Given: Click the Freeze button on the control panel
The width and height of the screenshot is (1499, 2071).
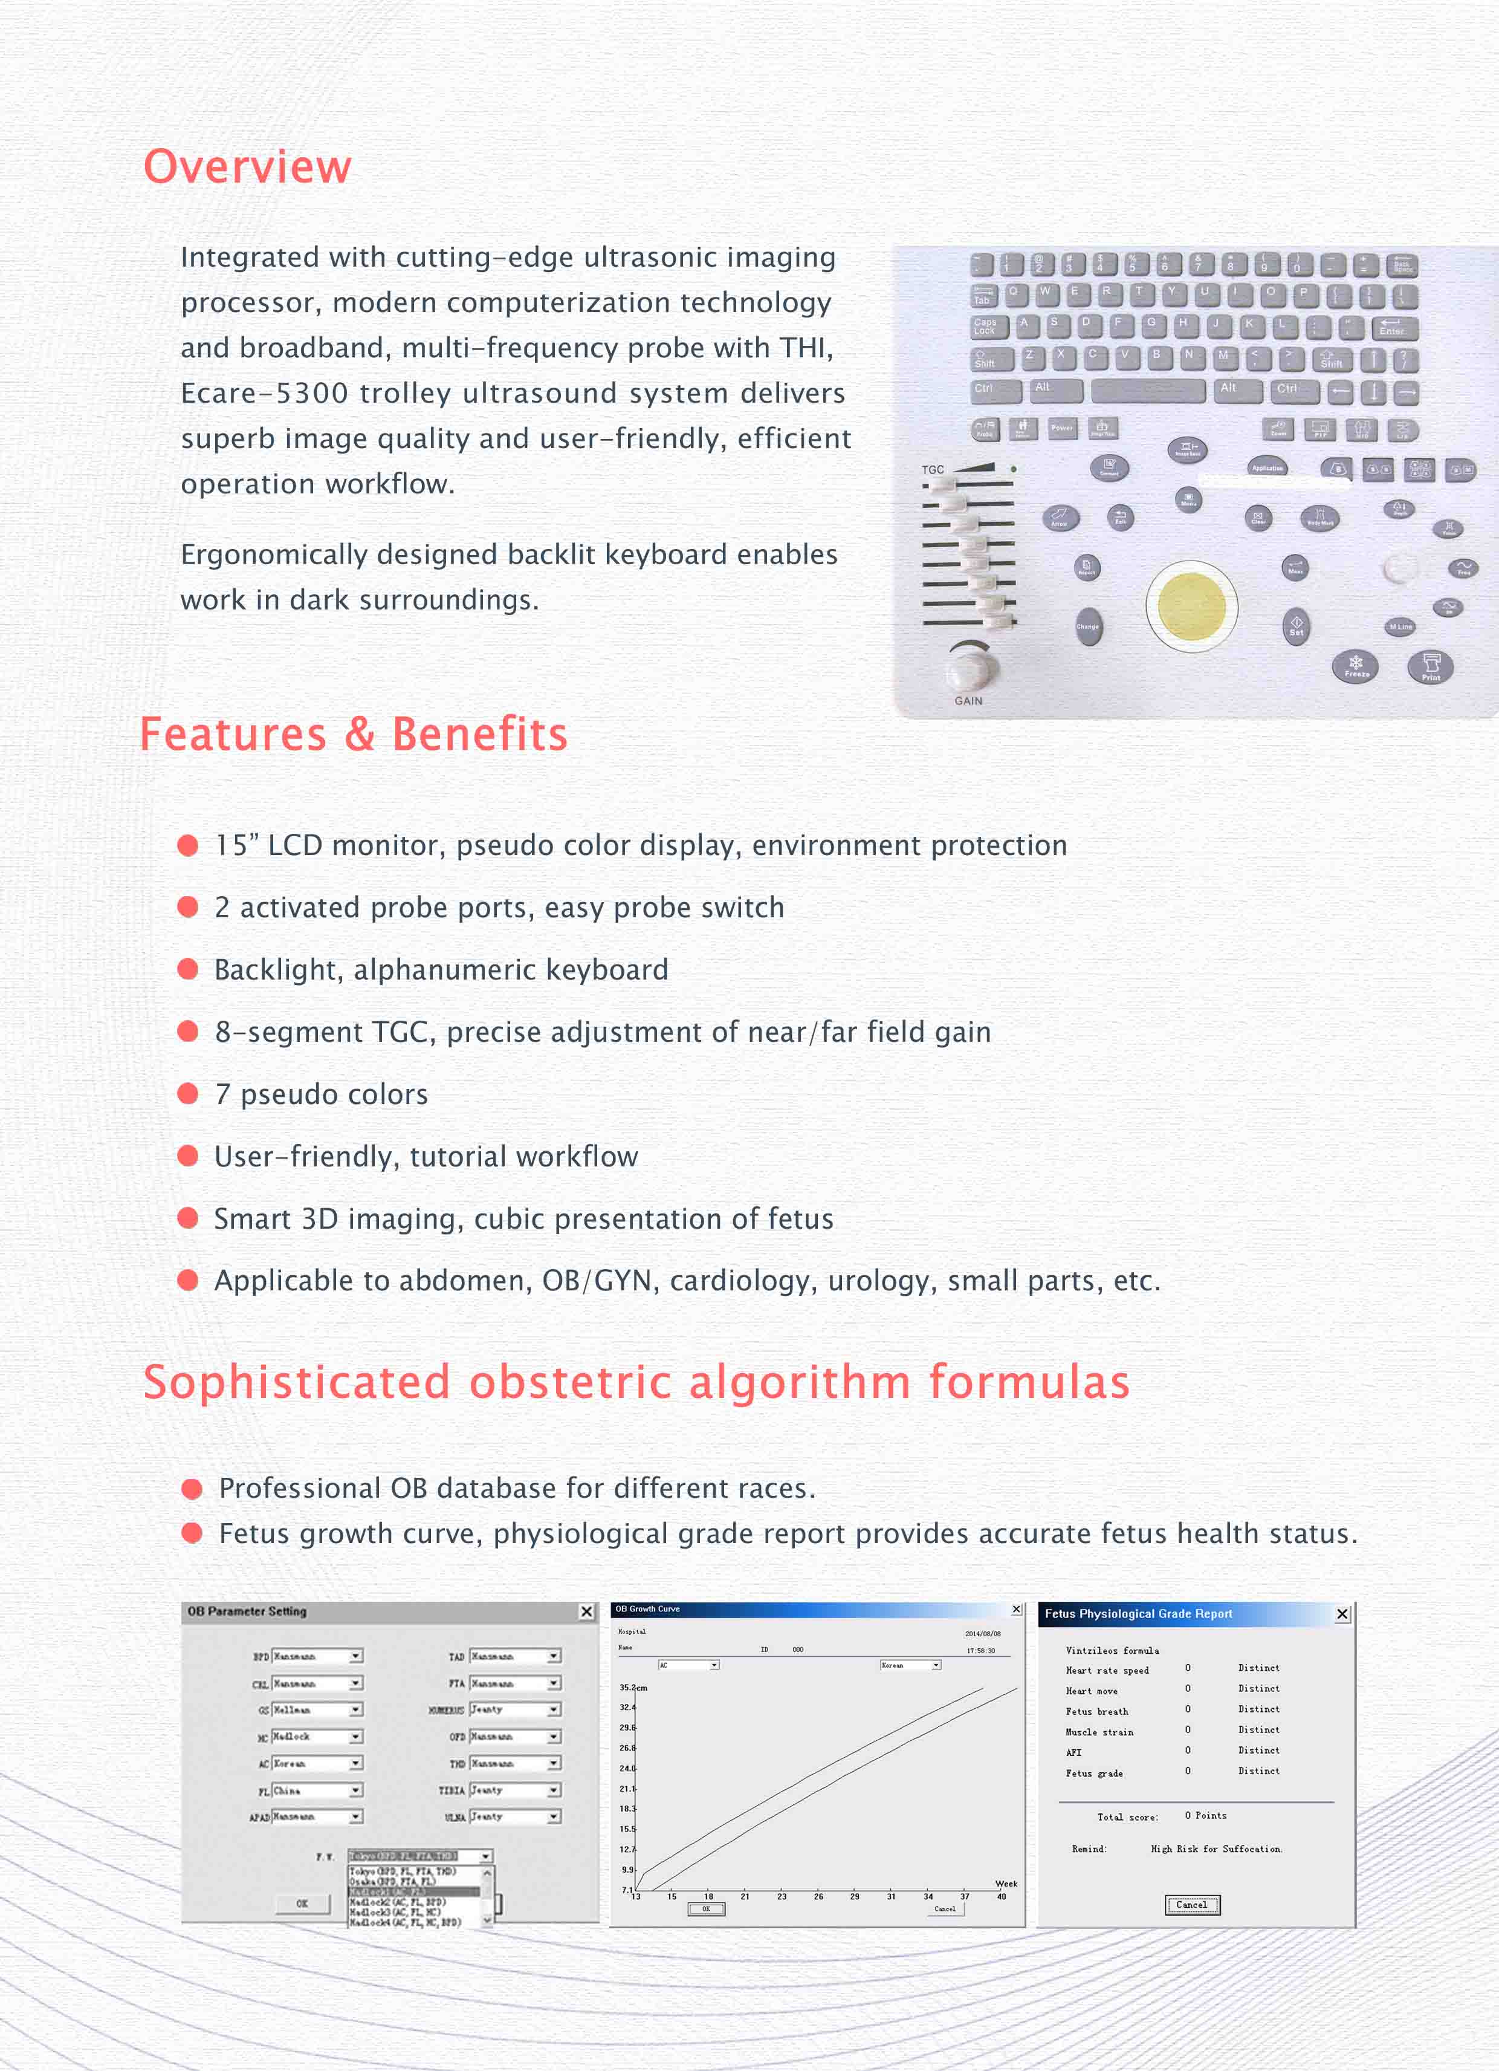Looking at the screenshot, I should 1356,666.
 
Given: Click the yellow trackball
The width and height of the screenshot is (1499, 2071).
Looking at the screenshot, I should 1191,605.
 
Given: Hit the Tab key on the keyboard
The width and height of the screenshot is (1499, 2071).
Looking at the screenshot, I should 984,296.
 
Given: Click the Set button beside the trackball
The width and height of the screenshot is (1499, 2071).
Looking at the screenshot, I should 1297,626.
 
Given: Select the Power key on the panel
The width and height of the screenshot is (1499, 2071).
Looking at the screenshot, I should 1062,428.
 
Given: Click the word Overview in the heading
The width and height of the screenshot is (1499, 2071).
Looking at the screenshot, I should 247,167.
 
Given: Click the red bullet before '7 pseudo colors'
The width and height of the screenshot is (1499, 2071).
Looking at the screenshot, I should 188,1093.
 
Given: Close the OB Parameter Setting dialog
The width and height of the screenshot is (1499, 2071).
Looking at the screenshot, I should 587,1611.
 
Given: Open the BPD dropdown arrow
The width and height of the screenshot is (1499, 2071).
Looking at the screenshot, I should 356,1656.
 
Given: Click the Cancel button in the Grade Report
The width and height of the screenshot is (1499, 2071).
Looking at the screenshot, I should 1191,1905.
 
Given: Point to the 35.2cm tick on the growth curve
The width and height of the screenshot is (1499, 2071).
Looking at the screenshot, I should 633,1688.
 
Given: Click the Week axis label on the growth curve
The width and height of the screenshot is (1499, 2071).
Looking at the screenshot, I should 1006,1884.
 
